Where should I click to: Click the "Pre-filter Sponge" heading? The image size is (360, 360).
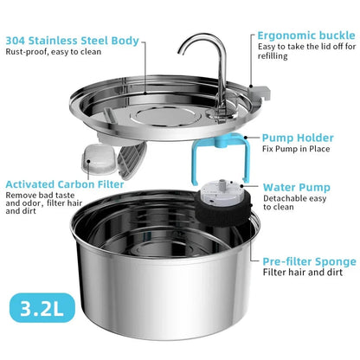point(309,260)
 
